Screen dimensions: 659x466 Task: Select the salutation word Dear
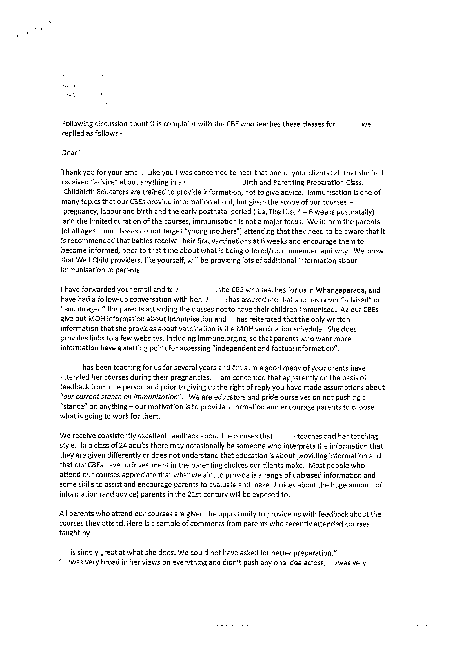tap(69, 153)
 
